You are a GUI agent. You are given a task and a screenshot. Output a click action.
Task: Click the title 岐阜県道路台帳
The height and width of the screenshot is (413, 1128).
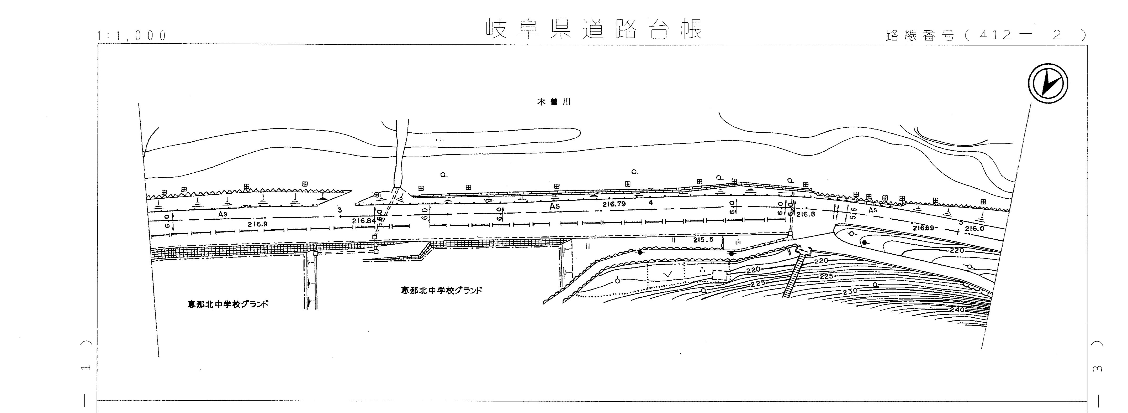pyautogui.click(x=593, y=29)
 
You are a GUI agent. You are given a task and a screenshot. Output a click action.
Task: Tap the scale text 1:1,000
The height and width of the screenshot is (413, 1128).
pyautogui.click(x=132, y=35)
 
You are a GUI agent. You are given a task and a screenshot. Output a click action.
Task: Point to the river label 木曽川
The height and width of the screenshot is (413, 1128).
pyautogui.click(x=554, y=102)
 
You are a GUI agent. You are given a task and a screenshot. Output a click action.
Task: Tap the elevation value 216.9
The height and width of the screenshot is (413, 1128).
pyautogui.click(x=257, y=224)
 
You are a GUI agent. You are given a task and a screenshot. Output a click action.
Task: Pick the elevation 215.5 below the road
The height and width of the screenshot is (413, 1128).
pyautogui.click(x=703, y=240)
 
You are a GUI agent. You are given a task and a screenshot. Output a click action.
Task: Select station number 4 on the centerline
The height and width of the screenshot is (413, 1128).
pyautogui.click(x=651, y=203)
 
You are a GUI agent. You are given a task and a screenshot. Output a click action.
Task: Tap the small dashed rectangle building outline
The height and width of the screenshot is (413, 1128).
pyautogui.click(x=720, y=275)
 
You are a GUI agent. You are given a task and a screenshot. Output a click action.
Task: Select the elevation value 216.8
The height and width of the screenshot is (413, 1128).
pyautogui.click(x=806, y=214)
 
